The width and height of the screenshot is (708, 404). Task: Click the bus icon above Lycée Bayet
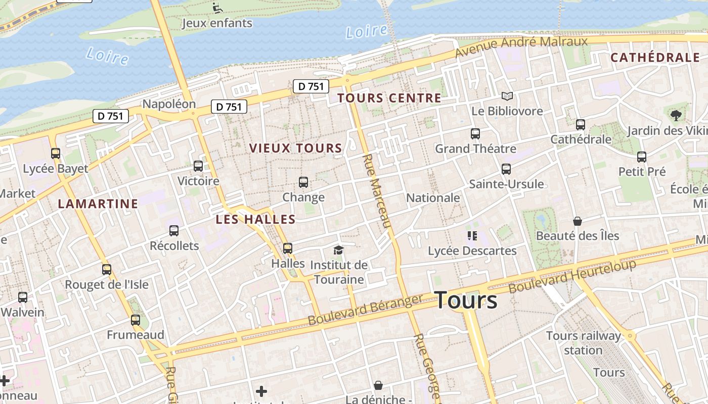click(56, 153)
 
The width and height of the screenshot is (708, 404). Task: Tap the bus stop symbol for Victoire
click(198, 166)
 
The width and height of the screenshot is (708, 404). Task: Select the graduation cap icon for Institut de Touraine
click(338, 250)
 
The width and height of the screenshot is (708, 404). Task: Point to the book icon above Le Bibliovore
click(507, 96)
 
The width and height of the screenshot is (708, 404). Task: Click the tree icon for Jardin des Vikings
click(676, 115)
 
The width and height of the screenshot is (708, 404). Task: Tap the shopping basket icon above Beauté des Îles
click(578, 221)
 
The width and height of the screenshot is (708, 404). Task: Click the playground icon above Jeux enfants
click(217, 8)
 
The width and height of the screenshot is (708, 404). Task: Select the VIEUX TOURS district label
click(296, 148)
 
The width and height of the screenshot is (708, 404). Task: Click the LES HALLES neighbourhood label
click(255, 219)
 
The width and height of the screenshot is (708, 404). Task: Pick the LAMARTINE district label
click(98, 204)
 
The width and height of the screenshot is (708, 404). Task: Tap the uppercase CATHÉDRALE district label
click(655, 57)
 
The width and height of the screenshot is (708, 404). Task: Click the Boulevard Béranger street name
click(365, 310)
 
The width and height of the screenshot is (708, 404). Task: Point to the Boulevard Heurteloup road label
click(572, 276)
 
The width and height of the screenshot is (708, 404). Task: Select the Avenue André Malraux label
click(521, 46)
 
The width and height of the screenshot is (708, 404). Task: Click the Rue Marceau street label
click(377, 191)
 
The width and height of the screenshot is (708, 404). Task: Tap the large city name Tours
click(466, 300)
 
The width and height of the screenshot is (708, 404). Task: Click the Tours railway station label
click(584, 343)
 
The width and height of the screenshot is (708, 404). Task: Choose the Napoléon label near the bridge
click(169, 104)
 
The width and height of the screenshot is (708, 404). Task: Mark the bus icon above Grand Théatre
click(475, 134)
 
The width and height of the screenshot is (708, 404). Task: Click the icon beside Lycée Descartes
click(472, 235)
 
